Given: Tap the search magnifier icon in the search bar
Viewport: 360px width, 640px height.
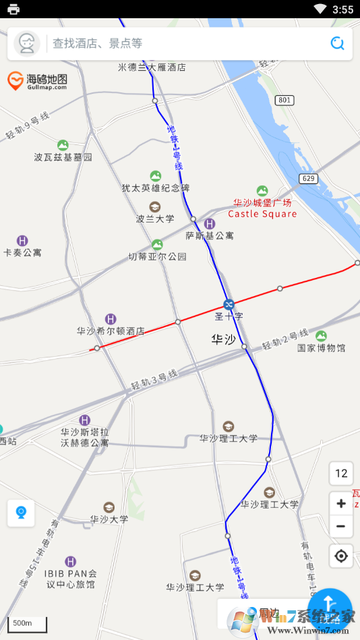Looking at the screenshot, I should pyautogui.click(x=338, y=44).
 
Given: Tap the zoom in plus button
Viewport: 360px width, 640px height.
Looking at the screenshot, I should pyautogui.click(x=341, y=504).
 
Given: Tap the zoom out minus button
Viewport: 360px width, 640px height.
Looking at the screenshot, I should pyautogui.click(x=341, y=527).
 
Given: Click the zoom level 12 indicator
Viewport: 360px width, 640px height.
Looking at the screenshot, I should pyautogui.click(x=341, y=473).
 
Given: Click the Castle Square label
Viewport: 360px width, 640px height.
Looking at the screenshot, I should pyautogui.click(x=262, y=214).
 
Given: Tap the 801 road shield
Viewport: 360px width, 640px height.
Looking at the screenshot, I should pyautogui.click(x=284, y=100).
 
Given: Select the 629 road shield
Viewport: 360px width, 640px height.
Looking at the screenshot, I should pyautogui.click(x=309, y=178).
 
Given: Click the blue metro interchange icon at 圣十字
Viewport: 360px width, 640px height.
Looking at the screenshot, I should pyautogui.click(x=229, y=304).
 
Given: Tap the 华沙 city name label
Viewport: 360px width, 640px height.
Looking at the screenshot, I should pyautogui.click(x=224, y=339).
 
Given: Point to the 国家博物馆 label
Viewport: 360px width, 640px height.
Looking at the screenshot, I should pyautogui.click(x=322, y=348).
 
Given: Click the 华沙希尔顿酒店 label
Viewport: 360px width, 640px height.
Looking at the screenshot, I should pyautogui.click(x=111, y=331).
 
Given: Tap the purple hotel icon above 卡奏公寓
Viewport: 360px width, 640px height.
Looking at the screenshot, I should pyautogui.click(x=22, y=241).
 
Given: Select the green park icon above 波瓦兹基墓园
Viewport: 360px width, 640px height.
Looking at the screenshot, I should pyautogui.click(x=63, y=145).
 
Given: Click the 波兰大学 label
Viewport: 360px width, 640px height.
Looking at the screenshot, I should pyautogui.click(x=155, y=219).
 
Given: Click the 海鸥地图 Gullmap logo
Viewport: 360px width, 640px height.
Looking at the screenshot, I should pyautogui.click(x=37, y=81).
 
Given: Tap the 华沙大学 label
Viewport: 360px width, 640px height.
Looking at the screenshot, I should pyautogui.click(x=109, y=519).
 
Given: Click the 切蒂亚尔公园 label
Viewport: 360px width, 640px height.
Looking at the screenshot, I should pyautogui.click(x=157, y=256).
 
